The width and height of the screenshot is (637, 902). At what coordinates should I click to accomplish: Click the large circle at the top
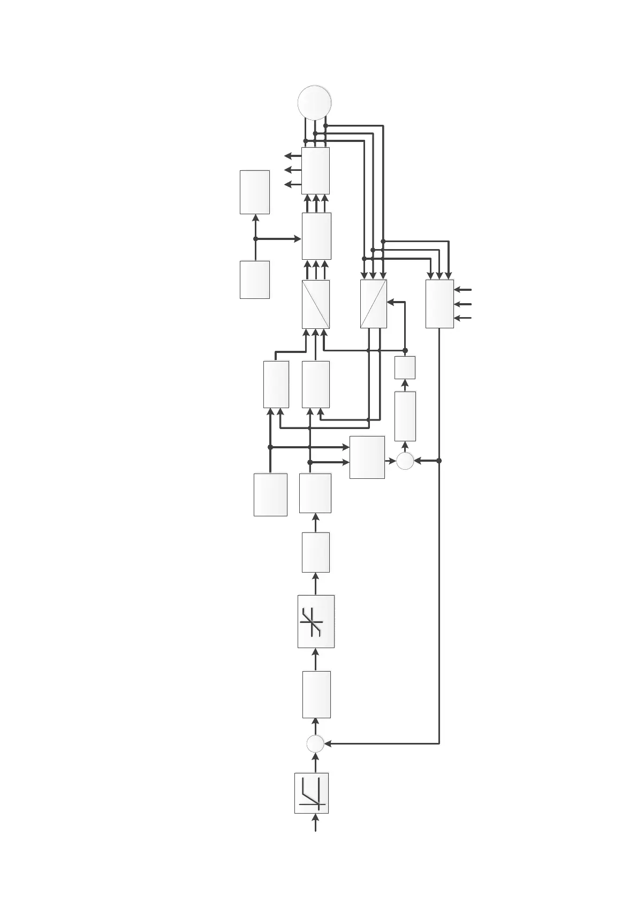click(x=315, y=102)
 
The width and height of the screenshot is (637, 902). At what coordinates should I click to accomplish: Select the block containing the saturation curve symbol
click(x=316, y=621)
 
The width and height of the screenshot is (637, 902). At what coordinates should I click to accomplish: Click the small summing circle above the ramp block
click(x=315, y=743)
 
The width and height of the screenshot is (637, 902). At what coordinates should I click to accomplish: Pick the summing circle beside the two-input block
click(x=405, y=461)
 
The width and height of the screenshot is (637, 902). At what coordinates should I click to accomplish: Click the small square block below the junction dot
click(x=405, y=367)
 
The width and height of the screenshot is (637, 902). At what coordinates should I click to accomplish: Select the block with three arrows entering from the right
click(x=439, y=304)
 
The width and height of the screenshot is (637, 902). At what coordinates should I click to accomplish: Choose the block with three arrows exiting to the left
click(x=315, y=171)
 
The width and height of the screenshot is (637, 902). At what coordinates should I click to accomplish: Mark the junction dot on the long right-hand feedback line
click(x=439, y=461)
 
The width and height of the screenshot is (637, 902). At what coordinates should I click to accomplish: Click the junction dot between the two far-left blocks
click(x=255, y=239)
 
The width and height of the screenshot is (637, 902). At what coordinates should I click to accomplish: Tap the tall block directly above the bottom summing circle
click(x=316, y=694)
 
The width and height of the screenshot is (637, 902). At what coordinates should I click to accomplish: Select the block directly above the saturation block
click(x=316, y=552)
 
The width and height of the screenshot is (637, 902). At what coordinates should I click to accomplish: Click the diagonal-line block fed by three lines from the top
click(x=374, y=304)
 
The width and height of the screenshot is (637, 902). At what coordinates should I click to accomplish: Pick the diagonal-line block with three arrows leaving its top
click(x=316, y=304)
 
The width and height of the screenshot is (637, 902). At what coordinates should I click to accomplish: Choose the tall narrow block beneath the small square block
click(x=405, y=416)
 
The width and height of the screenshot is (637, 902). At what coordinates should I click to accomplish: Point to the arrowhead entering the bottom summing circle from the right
click(x=328, y=743)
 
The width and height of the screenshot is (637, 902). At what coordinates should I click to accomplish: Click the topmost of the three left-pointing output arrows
click(x=289, y=156)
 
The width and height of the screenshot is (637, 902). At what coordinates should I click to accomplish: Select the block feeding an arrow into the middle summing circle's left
click(x=367, y=457)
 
